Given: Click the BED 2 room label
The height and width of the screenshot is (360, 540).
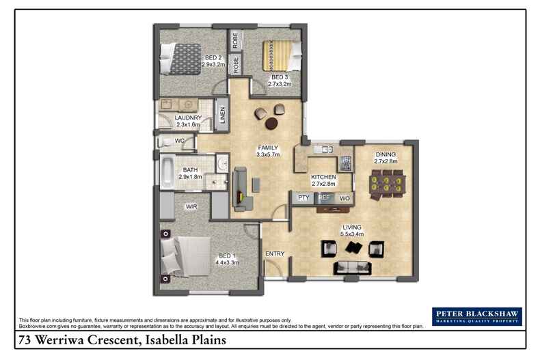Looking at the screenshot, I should [x=213, y=57].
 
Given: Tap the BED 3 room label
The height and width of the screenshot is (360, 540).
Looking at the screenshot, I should [x=280, y=77].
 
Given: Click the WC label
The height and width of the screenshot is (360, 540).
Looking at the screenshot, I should [x=180, y=141].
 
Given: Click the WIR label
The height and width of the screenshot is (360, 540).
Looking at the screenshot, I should [x=191, y=204].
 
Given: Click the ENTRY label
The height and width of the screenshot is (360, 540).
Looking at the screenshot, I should [x=275, y=254].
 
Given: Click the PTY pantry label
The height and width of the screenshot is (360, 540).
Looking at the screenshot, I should [x=303, y=198].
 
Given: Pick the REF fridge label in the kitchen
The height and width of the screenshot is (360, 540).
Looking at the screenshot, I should [x=325, y=198].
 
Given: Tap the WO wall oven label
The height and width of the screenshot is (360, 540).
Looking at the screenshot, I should [x=345, y=198].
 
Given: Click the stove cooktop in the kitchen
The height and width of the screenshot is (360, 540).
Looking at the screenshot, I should [x=346, y=163].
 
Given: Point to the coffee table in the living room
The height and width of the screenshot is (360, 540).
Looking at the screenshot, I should [x=353, y=248].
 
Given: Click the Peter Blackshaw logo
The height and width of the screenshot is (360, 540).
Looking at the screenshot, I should [x=476, y=316].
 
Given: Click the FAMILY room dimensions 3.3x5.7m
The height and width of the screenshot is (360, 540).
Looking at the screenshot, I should [x=267, y=154].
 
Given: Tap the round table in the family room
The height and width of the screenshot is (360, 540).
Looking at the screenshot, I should [x=271, y=123].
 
